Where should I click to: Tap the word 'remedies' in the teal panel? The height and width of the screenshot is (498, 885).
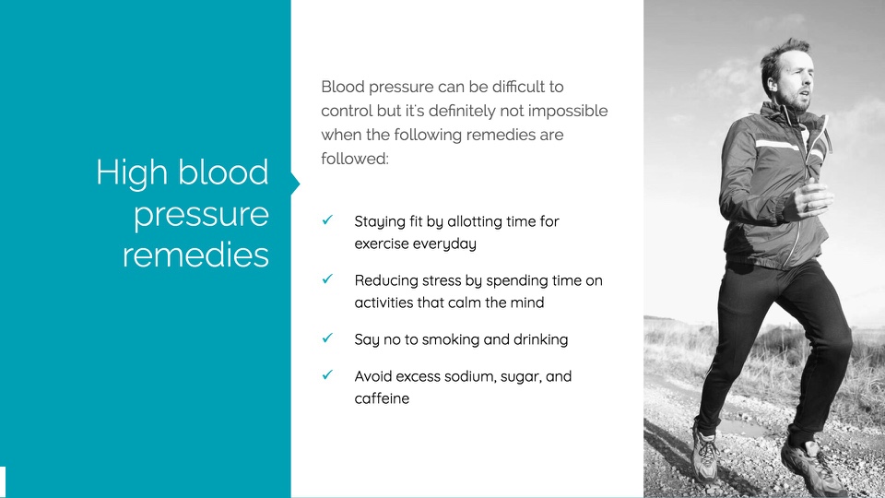coord(195,255)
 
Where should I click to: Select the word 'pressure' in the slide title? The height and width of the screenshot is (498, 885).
coord(202,216)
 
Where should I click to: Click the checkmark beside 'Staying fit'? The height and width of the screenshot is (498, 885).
coord(327,219)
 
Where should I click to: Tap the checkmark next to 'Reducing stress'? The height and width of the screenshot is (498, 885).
coord(327,279)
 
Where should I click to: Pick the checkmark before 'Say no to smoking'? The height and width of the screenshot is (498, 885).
coord(327,338)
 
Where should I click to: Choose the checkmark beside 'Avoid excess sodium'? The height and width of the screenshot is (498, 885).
coord(327,374)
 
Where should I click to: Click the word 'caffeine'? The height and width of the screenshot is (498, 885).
coord(382,398)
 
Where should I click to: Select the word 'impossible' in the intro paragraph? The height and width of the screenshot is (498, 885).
coord(568,112)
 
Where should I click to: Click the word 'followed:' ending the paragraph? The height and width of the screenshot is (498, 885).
coord(355,159)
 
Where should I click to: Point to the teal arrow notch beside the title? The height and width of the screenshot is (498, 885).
coord(295,184)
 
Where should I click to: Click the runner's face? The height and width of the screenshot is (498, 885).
coord(796,82)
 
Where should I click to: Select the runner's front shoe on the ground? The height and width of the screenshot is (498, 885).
coord(705,455)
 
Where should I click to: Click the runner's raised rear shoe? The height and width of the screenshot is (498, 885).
coord(813,467)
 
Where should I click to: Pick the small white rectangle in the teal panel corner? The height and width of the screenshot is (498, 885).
coord(3,482)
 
